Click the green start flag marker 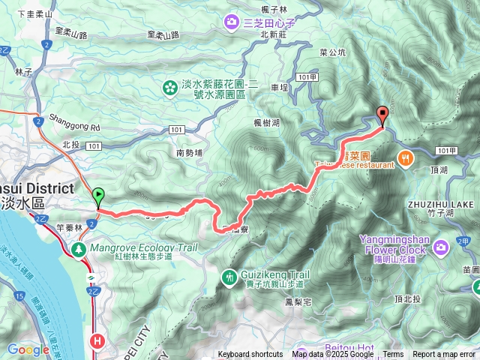click(99, 196)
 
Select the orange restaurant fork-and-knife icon click(405, 157)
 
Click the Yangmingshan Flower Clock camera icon click(441, 245)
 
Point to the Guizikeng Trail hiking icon click(229, 277)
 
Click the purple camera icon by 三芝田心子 click(232, 22)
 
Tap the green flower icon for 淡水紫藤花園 click(169, 89)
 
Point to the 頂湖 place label click(441, 171)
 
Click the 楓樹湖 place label click(267, 123)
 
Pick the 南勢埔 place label click(190, 153)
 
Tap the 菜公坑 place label click(332, 52)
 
